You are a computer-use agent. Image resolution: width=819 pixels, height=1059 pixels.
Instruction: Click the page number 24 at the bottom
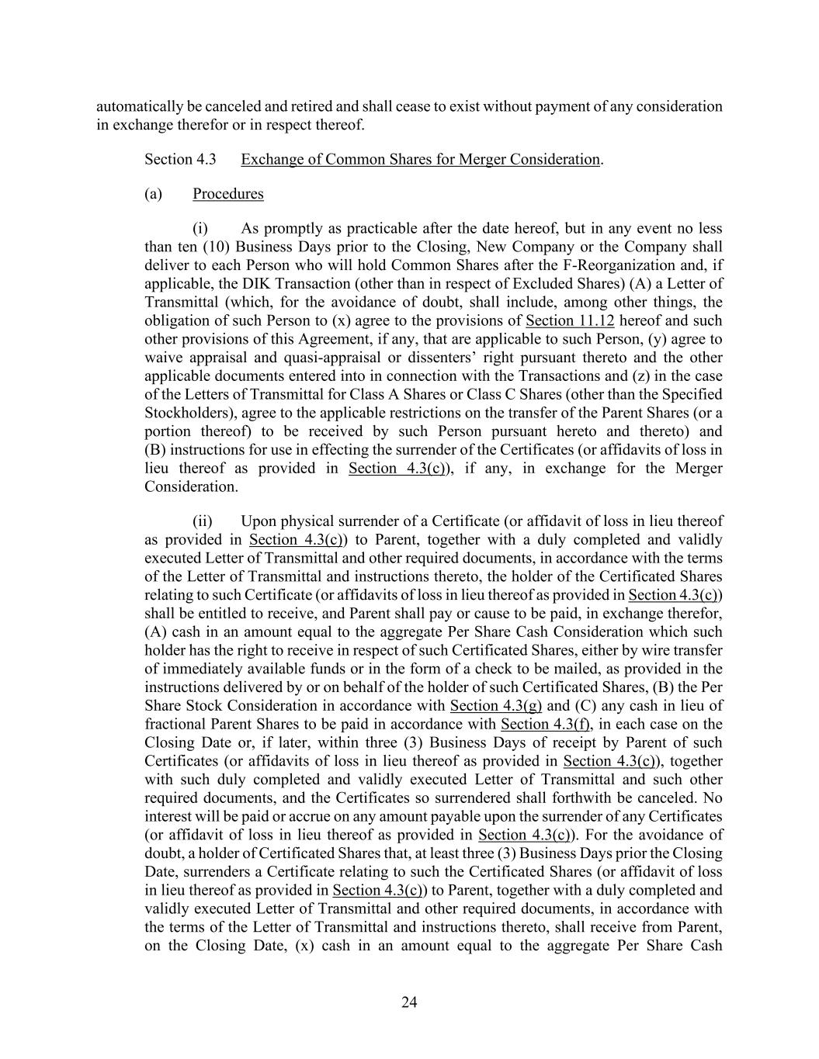[x=409, y=1002]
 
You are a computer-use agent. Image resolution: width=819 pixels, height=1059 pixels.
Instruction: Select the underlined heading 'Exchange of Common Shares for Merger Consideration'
[x=420, y=160]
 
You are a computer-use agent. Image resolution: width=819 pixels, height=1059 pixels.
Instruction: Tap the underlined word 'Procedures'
[x=228, y=194]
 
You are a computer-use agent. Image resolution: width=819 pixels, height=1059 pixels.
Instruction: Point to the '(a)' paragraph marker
[x=153, y=194]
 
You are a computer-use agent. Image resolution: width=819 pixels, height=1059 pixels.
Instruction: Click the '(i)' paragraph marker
[x=200, y=229]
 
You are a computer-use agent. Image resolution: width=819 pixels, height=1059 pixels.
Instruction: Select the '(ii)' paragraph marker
[x=202, y=521]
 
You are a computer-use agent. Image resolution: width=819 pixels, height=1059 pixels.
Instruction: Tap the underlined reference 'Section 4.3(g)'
[x=496, y=706]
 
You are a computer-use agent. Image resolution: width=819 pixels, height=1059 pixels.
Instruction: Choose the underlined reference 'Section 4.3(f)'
[x=546, y=725]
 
